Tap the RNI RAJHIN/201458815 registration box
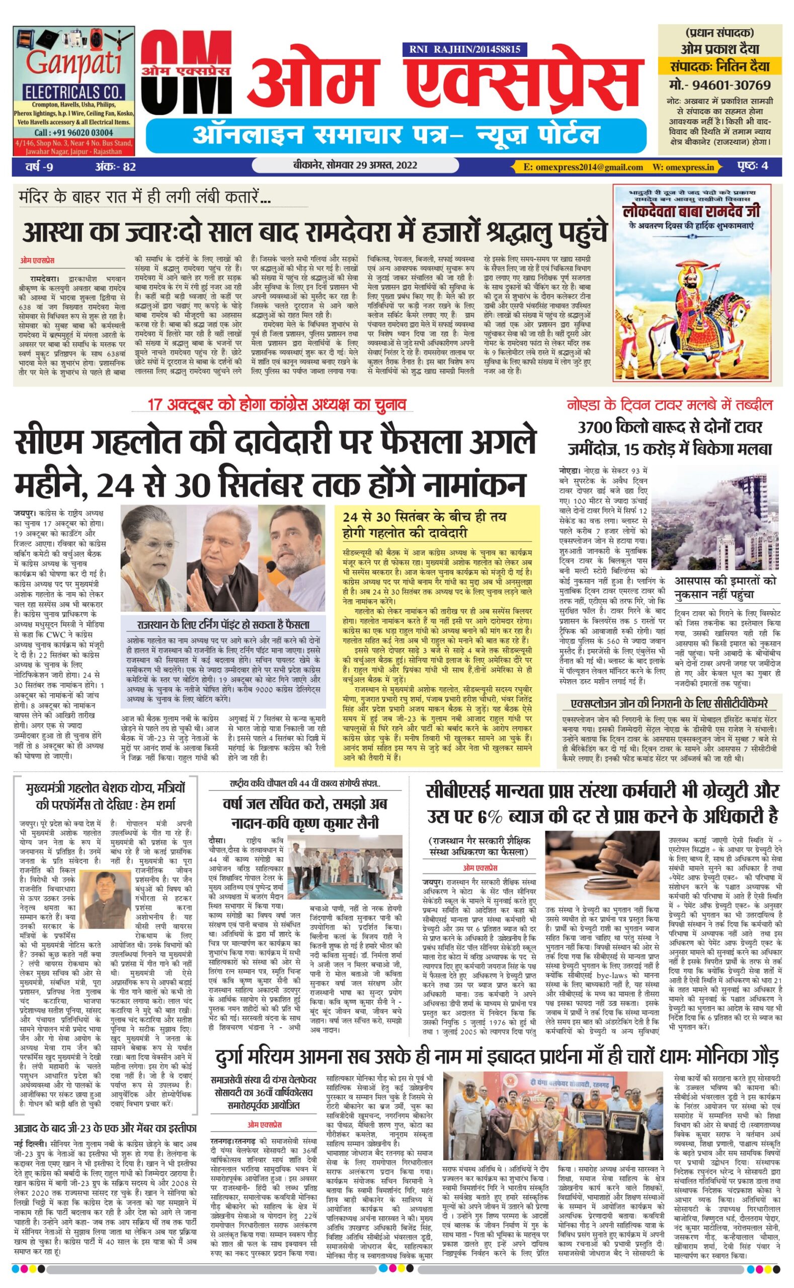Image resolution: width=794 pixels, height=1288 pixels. (464, 50)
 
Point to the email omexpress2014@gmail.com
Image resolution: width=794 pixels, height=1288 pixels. (583, 167)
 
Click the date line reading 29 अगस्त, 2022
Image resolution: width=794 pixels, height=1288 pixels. (356, 166)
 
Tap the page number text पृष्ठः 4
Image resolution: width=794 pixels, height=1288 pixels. (752, 166)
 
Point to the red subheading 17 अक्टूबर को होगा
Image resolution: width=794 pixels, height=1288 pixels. (277, 405)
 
